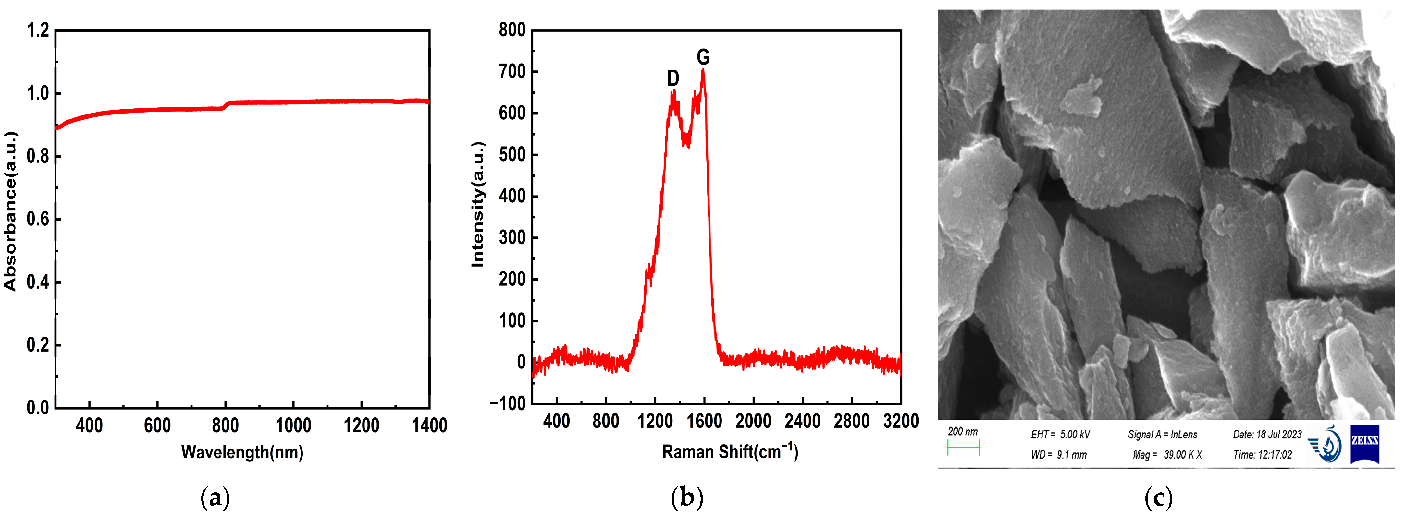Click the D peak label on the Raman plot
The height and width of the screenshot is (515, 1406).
(x=673, y=78)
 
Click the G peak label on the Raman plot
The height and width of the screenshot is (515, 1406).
(x=703, y=57)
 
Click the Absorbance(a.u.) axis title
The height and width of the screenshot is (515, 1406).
(x=10, y=211)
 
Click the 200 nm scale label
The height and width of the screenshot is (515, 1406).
(x=963, y=432)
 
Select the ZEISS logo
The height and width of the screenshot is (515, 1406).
(x=1364, y=444)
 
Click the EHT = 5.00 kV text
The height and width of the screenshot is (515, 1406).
(x=1060, y=434)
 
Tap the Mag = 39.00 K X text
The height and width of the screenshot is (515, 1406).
(x=1167, y=454)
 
